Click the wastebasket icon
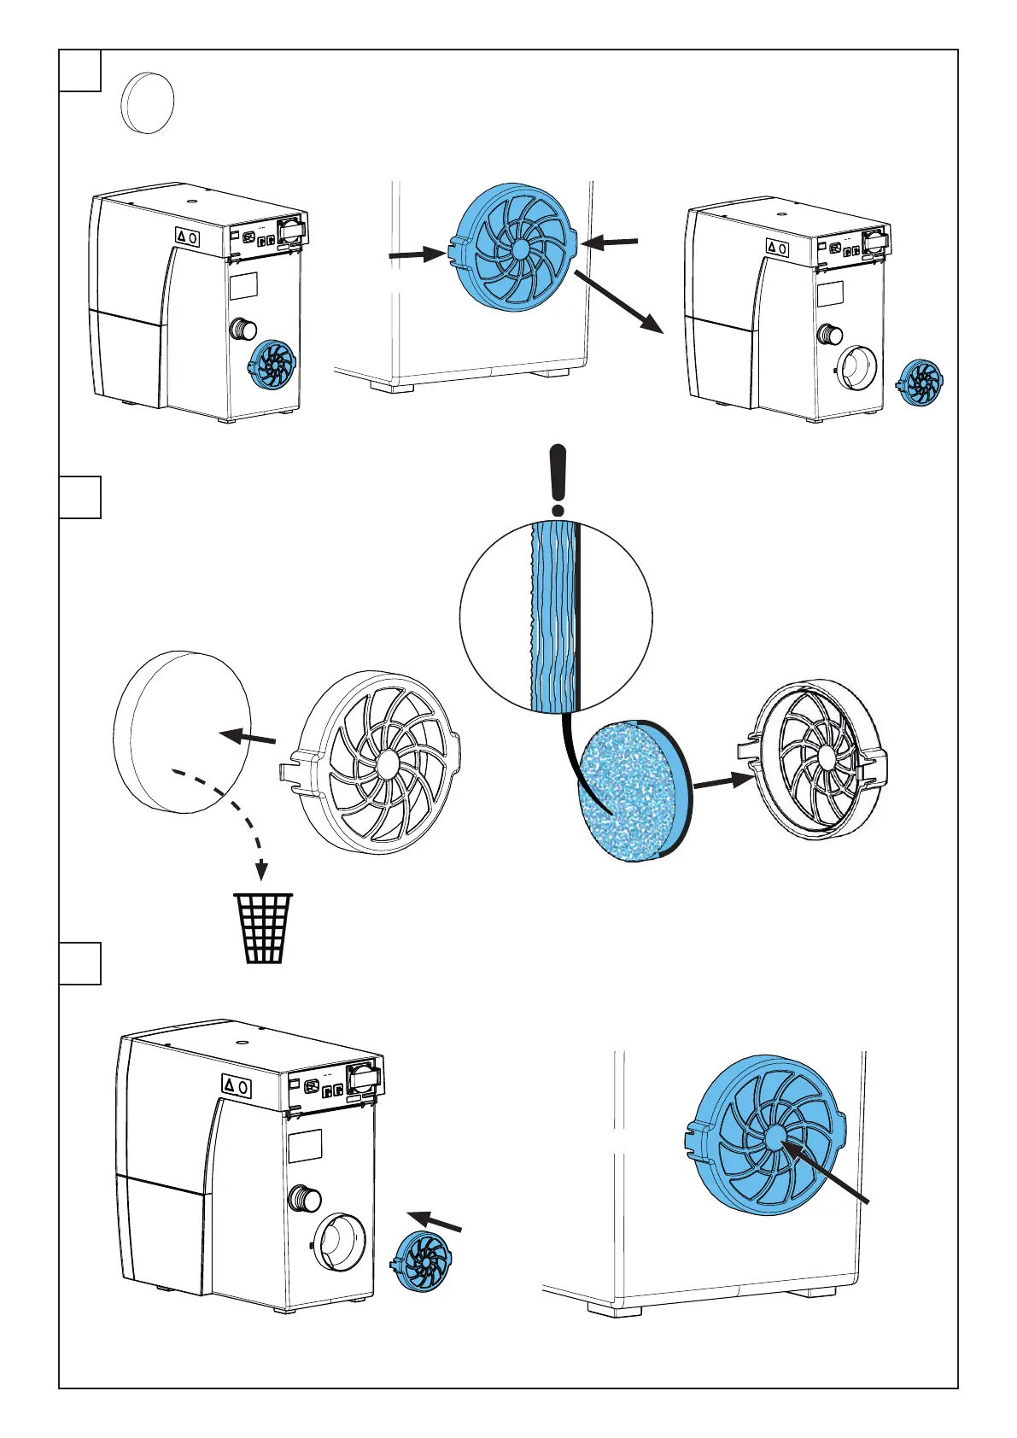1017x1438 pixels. (x=263, y=928)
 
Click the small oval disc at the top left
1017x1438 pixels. (x=148, y=102)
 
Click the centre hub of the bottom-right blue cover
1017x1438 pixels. (x=775, y=1136)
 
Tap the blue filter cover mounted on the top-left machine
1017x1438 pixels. (x=272, y=365)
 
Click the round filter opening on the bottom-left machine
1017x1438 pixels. (x=340, y=1244)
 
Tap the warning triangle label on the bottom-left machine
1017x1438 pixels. (x=229, y=1085)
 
